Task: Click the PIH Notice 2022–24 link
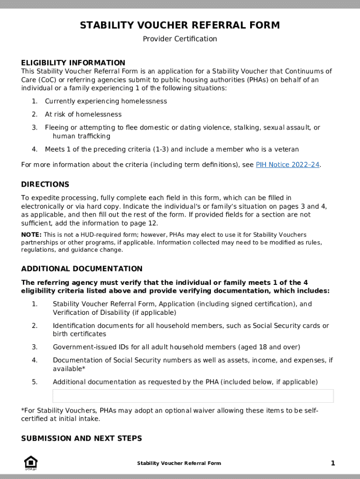click(x=288, y=165)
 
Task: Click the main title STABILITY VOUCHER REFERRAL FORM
click(x=180, y=25)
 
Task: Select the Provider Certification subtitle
click(x=180, y=39)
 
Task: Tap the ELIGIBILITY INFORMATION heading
click(x=73, y=63)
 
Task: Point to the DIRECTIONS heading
click(x=45, y=184)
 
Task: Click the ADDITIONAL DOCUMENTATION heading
click(x=82, y=269)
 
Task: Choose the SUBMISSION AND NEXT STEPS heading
click(x=81, y=438)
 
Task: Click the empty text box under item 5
click(x=193, y=396)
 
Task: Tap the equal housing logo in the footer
click(x=31, y=463)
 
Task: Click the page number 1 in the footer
click(x=333, y=463)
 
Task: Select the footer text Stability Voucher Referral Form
click(x=179, y=463)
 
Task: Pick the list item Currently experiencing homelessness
click(x=106, y=102)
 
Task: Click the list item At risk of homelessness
click(x=83, y=115)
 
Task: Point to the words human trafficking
click(x=81, y=136)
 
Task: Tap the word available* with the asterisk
click(x=69, y=369)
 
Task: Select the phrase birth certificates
click(x=79, y=334)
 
